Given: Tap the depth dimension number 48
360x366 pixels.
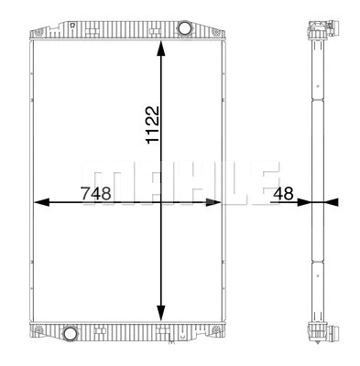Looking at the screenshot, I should (x=283, y=193).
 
